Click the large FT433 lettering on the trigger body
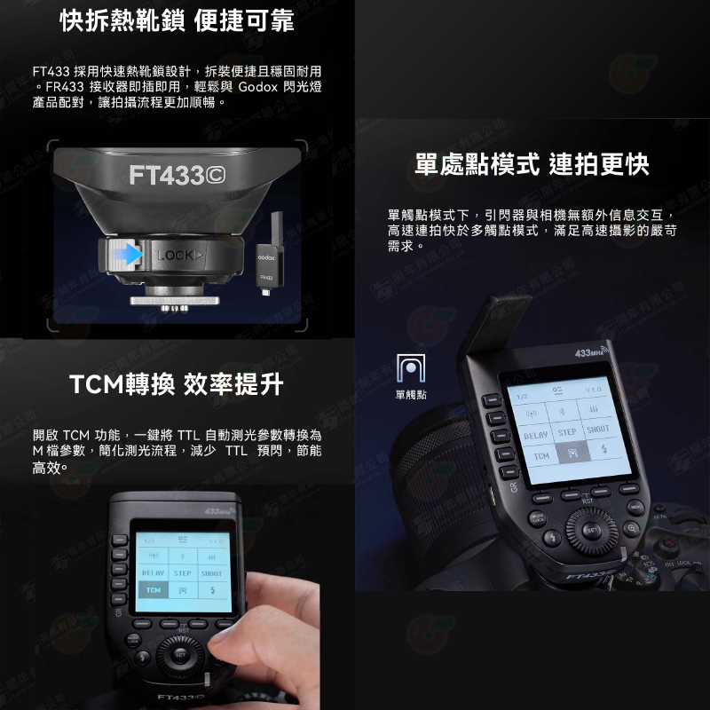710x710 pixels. coord(177,176)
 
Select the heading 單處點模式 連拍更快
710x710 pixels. coord(532,164)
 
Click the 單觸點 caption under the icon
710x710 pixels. coord(410,395)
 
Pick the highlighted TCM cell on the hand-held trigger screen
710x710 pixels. coord(154,590)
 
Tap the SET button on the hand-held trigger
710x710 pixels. coord(180,655)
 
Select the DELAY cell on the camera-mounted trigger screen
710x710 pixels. coord(535,435)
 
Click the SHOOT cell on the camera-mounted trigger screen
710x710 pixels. coord(598,429)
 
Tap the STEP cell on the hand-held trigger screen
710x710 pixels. coord(183,573)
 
